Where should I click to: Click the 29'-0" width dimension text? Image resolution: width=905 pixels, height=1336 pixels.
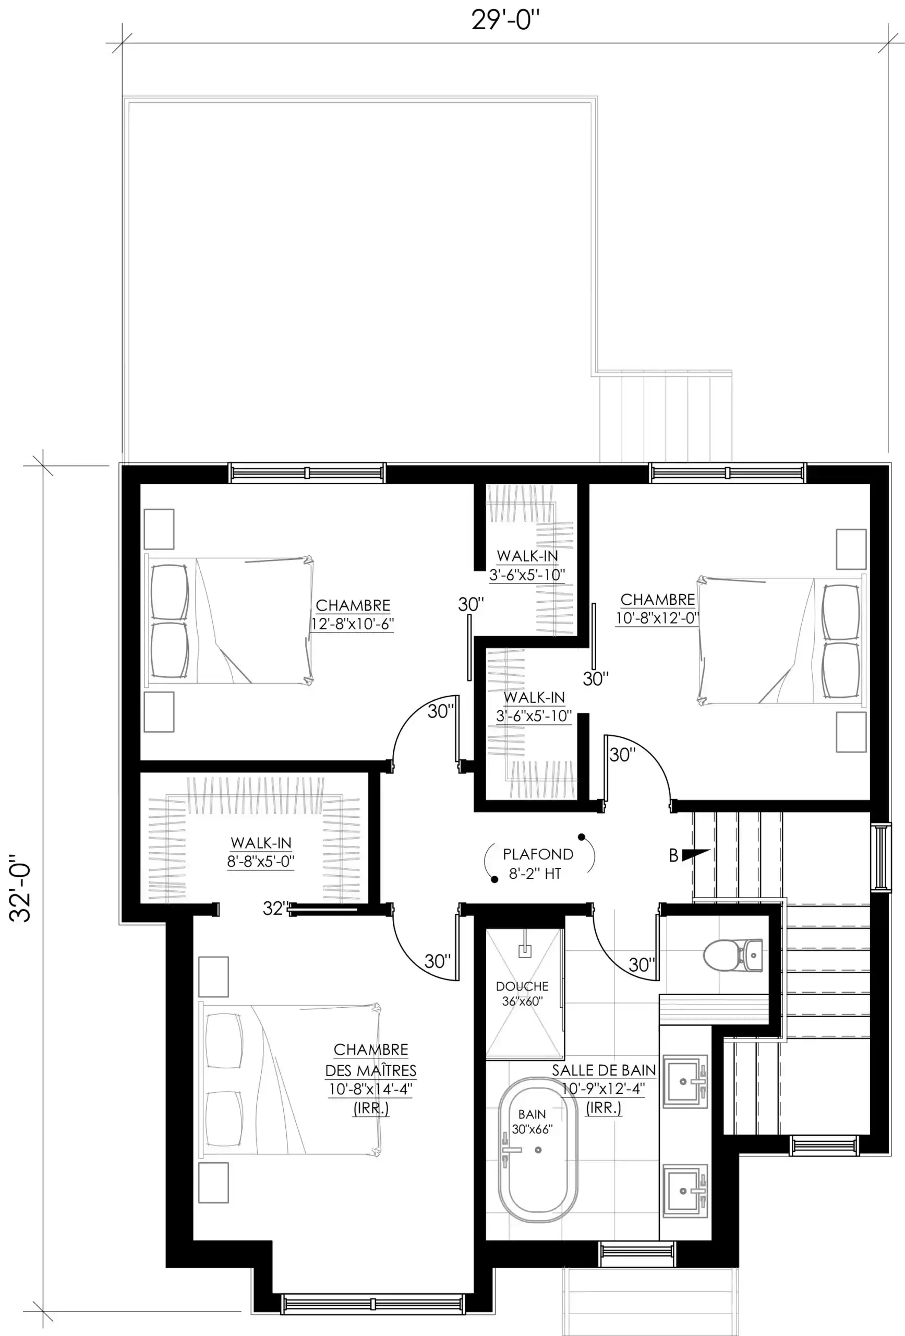click(505, 21)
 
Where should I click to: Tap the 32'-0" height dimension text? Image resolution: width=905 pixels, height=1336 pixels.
click(21, 888)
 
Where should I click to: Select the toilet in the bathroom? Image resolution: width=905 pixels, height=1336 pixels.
click(733, 956)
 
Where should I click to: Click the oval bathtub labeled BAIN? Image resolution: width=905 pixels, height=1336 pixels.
click(537, 1150)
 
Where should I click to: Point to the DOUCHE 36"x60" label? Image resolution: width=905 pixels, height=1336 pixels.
click(522, 993)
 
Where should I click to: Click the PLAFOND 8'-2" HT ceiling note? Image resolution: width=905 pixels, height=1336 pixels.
click(538, 864)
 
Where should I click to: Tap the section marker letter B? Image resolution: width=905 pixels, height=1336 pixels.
click(673, 856)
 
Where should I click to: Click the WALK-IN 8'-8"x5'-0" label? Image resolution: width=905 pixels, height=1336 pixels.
click(261, 852)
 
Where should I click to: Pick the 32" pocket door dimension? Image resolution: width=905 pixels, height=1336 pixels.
click(275, 908)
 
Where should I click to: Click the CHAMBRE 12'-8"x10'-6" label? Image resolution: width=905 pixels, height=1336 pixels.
click(353, 615)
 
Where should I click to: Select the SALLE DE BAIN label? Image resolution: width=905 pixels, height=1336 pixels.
click(604, 1070)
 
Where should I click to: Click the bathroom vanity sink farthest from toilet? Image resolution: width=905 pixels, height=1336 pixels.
click(685, 1191)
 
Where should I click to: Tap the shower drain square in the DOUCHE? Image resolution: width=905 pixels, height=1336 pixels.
click(525, 951)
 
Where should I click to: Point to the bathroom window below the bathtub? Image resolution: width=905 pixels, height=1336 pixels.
click(637, 1254)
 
